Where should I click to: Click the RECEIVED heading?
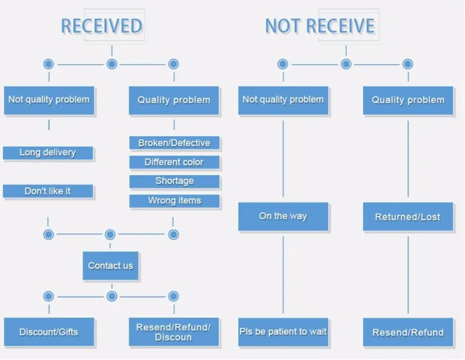click(102, 26)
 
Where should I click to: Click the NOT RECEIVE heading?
click(320, 26)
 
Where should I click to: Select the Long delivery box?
click(48, 152)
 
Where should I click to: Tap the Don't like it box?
click(48, 191)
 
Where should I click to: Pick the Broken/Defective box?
click(174, 143)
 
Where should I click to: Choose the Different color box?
click(174, 162)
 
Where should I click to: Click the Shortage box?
click(174, 181)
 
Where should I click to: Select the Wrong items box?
click(174, 201)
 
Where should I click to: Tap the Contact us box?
click(111, 266)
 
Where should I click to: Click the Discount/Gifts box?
click(49, 332)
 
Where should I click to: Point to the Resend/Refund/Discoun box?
click(174, 332)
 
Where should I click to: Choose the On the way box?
click(283, 216)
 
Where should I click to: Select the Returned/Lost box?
click(408, 216)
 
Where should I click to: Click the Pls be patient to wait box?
click(283, 332)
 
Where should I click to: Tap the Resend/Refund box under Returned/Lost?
click(408, 332)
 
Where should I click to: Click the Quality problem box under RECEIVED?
click(174, 100)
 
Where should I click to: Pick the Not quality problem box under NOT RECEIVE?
click(283, 100)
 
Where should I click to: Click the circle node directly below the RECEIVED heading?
click(112, 64)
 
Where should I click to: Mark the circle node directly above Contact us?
click(110, 235)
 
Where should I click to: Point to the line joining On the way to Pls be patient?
click(283, 275)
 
